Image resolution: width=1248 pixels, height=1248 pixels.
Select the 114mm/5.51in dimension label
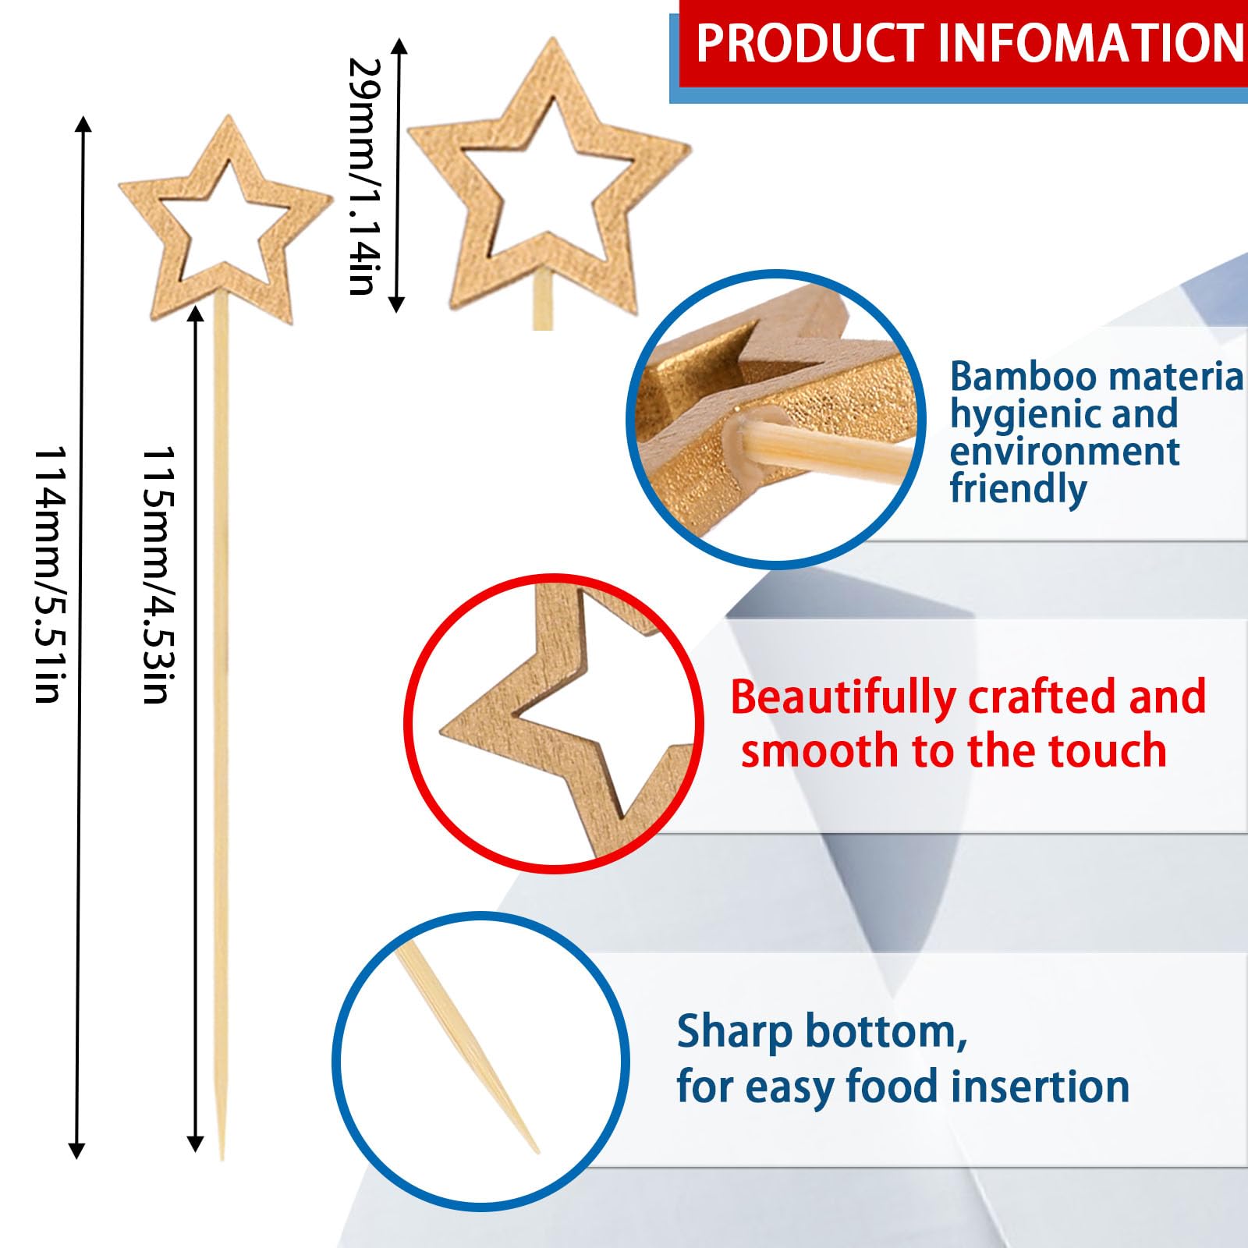(x=48, y=575)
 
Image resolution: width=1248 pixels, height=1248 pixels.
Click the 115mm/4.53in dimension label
(x=157, y=575)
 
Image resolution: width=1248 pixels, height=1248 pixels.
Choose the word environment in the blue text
(x=1065, y=452)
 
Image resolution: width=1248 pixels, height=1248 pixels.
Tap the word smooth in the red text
(x=820, y=751)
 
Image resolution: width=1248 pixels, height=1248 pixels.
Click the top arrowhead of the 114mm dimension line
(x=83, y=122)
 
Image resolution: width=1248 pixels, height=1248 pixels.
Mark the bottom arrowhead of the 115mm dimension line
(x=195, y=1144)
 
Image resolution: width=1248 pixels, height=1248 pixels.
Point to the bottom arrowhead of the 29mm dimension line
(x=396, y=304)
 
